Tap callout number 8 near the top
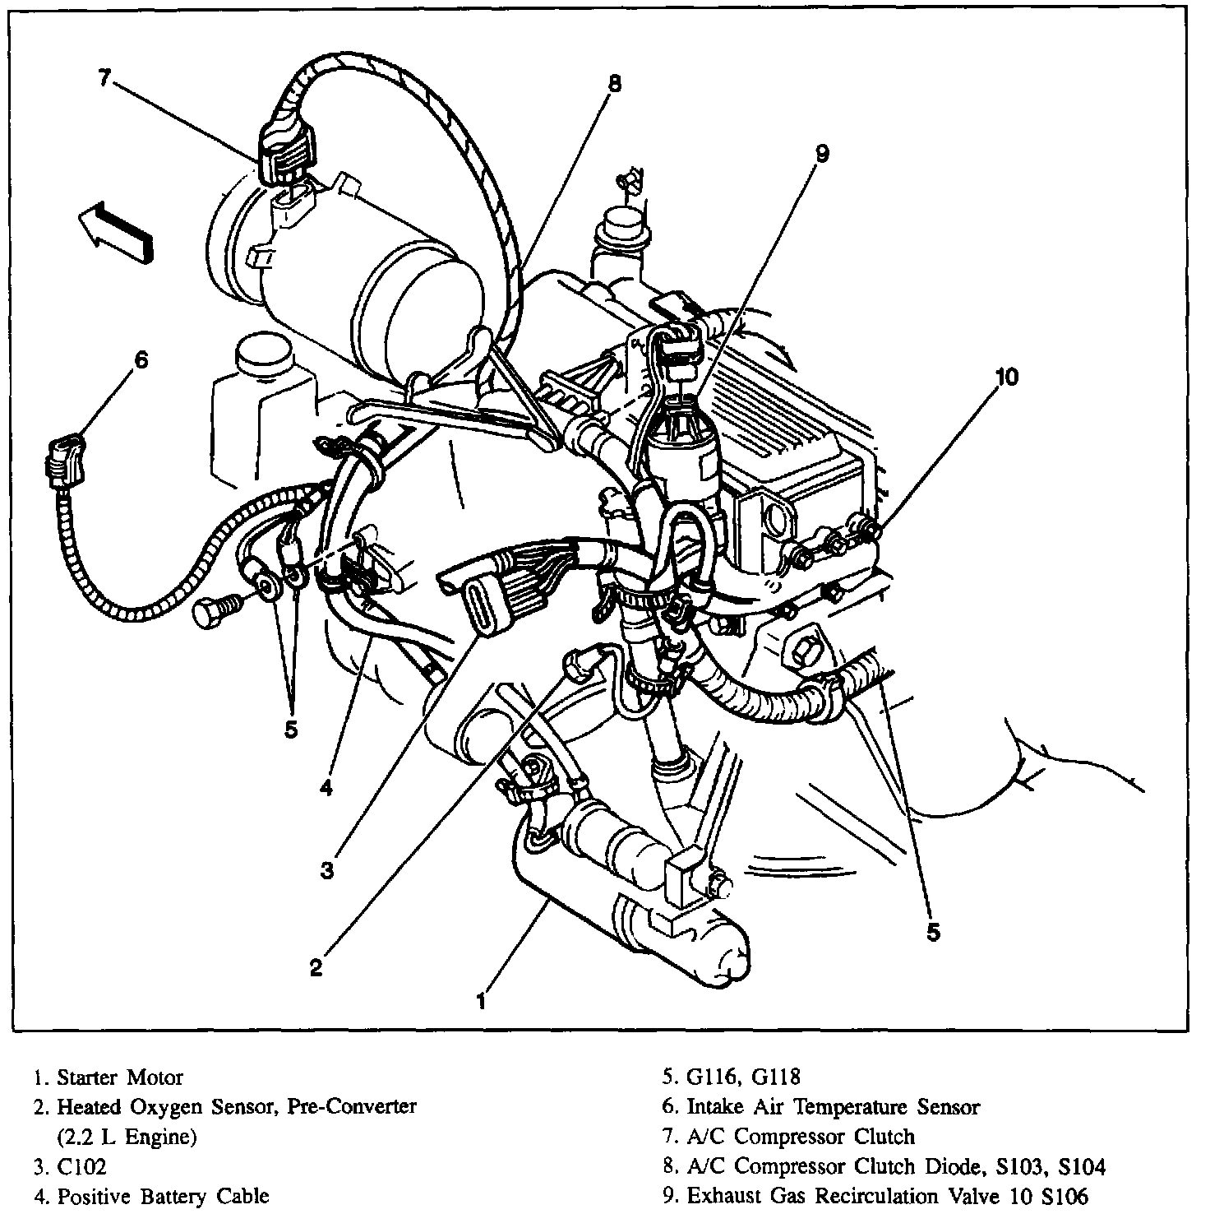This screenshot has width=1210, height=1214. click(615, 82)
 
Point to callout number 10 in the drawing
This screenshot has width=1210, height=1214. click(1006, 377)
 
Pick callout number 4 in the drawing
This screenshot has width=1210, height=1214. click(326, 788)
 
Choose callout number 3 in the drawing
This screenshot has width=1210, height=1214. click(327, 870)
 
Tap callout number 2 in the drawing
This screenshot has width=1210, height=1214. click(316, 968)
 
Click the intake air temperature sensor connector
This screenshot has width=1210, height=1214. click(63, 461)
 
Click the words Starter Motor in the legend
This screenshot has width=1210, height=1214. click(120, 1077)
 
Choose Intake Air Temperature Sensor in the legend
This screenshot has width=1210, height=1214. click(833, 1107)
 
